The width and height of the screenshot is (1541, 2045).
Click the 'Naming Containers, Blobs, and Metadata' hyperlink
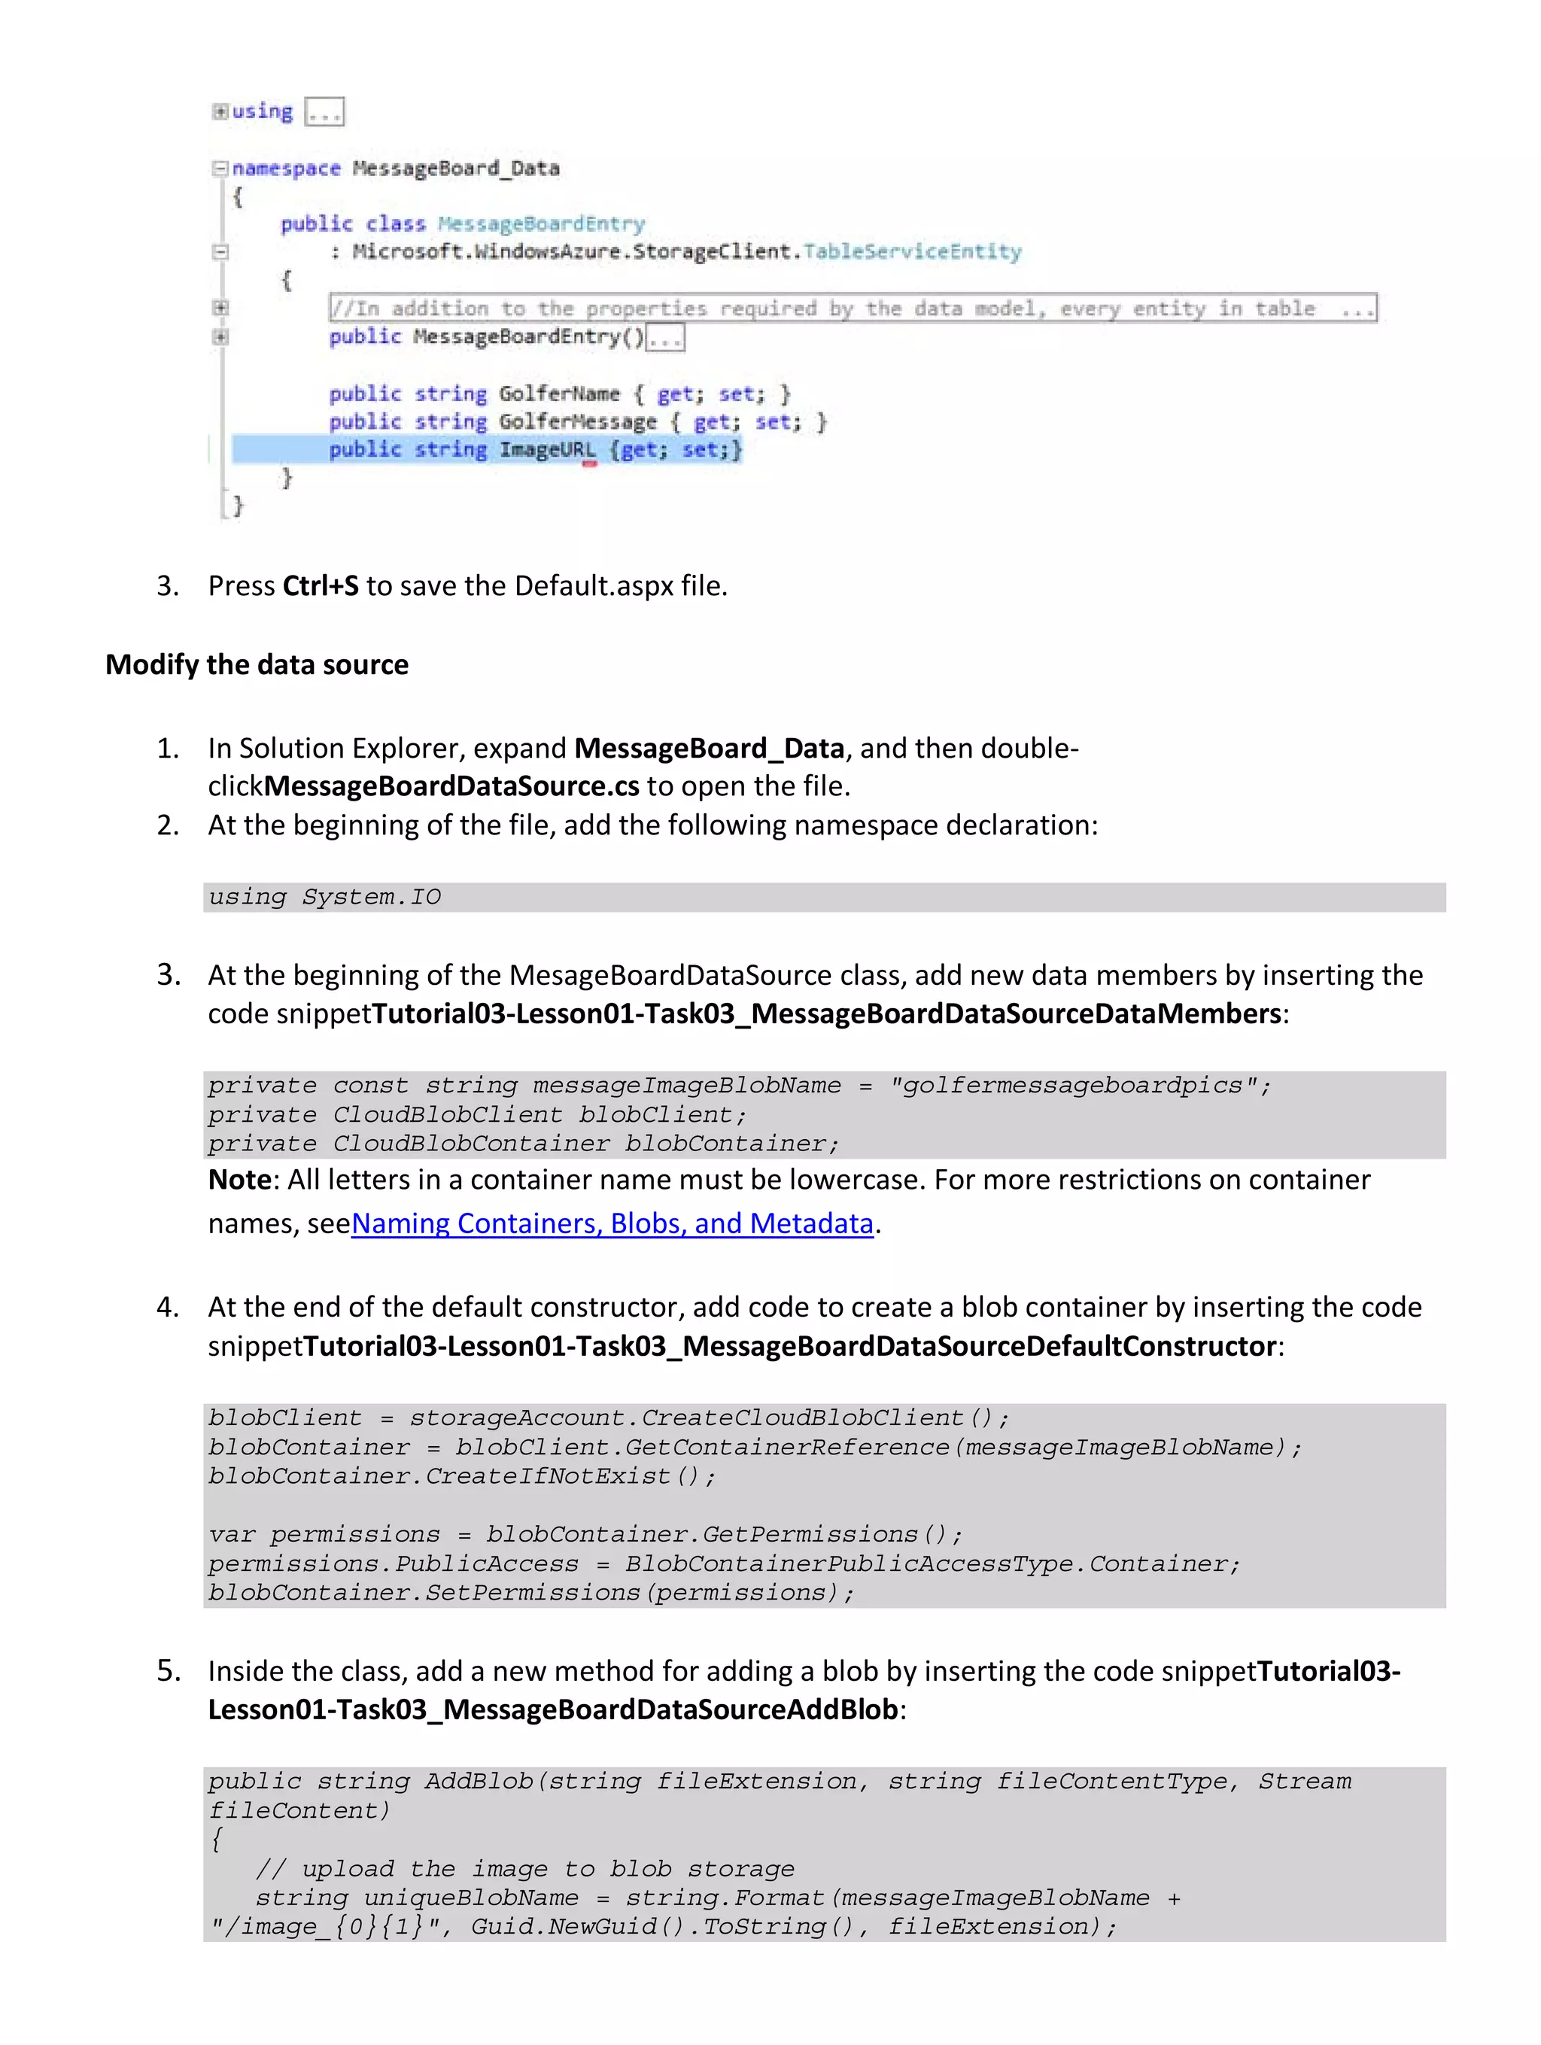(611, 1223)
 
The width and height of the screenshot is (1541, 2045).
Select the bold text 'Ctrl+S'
(320, 586)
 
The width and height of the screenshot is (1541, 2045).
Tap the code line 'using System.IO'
(324, 897)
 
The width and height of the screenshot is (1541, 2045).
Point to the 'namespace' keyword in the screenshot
(286, 169)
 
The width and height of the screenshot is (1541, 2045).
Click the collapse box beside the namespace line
(220, 169)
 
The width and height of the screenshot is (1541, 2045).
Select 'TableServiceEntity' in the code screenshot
(911, 251)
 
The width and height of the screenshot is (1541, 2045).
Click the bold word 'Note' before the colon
(239, 1180)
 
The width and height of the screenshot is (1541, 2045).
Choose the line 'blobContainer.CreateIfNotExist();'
(461, 1476)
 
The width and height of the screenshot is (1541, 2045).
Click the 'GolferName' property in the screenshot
(558, 394)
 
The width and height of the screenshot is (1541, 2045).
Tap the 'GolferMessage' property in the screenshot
(578, 423)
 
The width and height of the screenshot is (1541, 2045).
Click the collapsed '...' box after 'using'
(324, 113)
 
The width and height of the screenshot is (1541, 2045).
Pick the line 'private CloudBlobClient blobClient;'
(476, 1115)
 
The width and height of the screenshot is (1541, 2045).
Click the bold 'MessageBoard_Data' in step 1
(709, 748)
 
